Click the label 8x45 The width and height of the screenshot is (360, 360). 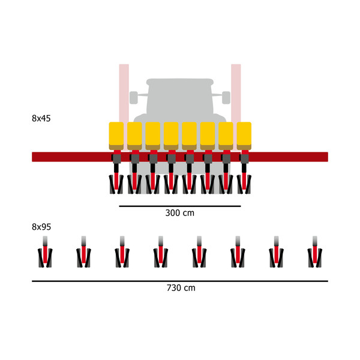pyautogui.click(x=41, y=118)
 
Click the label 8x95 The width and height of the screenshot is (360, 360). pyautogui.click(x=41, y=227)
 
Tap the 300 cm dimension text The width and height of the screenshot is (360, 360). pyautogui.click(x=180, y=213)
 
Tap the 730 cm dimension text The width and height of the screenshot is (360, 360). pyautogui.click(x=181, y=288)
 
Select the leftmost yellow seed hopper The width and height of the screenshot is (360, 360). pyautogui.click(x=116, y=136)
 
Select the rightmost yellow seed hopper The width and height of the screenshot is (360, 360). pyautogui.click(x=244, y=136)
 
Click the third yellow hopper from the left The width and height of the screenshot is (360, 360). pyautogui.click(x=153, y=136)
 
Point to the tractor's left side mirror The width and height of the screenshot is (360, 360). pyautogui.click(x=134, y=95)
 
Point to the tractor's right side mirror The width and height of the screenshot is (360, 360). pyautogui.click(x=226, y=95)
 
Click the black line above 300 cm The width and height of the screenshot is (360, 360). pyautogui.click(x=180, y=206)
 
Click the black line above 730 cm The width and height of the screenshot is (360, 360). pyautogui.click(x=180, y=281)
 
